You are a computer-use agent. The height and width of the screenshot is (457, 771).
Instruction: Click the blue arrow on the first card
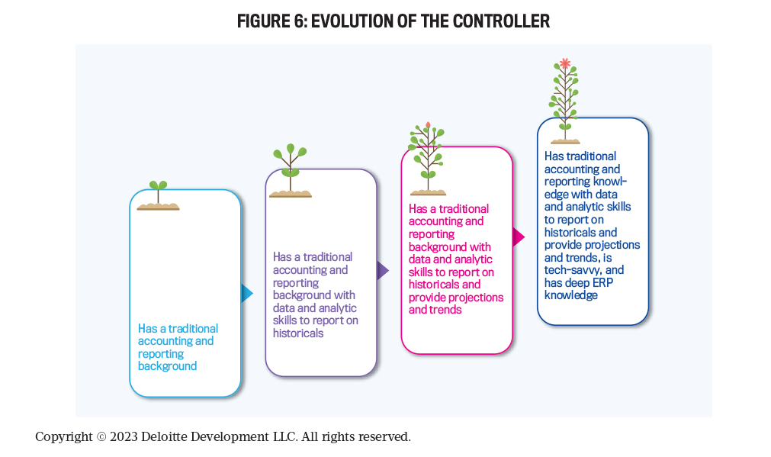coord(247,293)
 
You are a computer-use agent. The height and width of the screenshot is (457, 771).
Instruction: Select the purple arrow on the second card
coord(383,270)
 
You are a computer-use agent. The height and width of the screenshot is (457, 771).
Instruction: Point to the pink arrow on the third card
coord(519,237)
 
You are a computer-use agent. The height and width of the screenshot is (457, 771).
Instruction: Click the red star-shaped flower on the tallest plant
coord(565,63)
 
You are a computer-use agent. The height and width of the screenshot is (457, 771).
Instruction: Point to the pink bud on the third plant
coord(429,125)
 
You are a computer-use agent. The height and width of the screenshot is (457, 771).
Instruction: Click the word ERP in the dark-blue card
coord(602,283)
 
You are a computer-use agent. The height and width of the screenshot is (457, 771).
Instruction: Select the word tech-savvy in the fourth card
coord(573,270)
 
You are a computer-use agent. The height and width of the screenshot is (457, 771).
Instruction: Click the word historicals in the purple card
coord(298,333)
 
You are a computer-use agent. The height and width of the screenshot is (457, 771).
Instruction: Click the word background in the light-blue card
coord(167,366)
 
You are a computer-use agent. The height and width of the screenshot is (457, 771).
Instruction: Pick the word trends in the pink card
coord(448,310)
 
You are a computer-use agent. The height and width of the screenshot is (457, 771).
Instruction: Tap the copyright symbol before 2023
coord(101,437)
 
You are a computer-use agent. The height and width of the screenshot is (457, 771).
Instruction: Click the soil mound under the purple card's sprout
coord(290,194)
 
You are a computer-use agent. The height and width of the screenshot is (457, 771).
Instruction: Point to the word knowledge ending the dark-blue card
coord(571,295)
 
